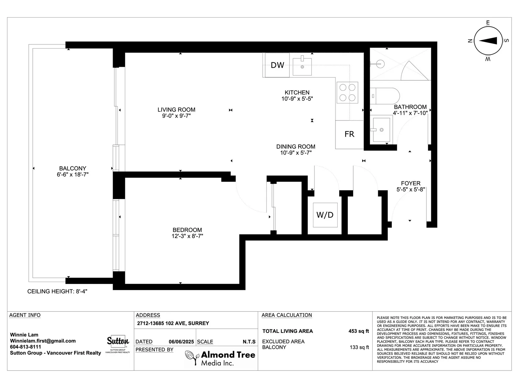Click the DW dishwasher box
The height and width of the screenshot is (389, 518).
click(x=277, y=65)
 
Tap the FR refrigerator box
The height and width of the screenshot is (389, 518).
click(x=350, y=135)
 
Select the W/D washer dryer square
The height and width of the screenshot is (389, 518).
click(x=325, y=215)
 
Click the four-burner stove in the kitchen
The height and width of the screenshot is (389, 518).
click(x=347, y=93)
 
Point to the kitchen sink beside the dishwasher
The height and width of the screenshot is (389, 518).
click(x=302, y=66)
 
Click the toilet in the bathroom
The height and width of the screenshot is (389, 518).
click(x=385, y=96)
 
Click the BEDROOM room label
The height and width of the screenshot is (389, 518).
click(x=187, y=230)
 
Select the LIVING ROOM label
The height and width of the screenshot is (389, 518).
click(x=176, y=110)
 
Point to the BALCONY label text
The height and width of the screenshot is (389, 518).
click(x=73, y=168)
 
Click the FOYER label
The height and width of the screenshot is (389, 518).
click(x=411, y=183)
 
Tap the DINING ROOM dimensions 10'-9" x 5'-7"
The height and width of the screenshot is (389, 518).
click(x=296, y=153)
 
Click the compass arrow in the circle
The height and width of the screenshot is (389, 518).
click(x=488, y=41)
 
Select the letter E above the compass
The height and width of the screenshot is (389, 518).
click(x=488, y=23)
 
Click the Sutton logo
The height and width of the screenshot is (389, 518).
click(x=118, y=344)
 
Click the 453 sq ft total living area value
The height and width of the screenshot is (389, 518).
click(x=359, y=331)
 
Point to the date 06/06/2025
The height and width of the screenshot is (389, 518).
click(x=181, y=342)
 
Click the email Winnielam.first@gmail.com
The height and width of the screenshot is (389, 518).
click(x=43, y=341)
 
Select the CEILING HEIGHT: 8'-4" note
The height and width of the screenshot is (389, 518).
click(x=57, y=291)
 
